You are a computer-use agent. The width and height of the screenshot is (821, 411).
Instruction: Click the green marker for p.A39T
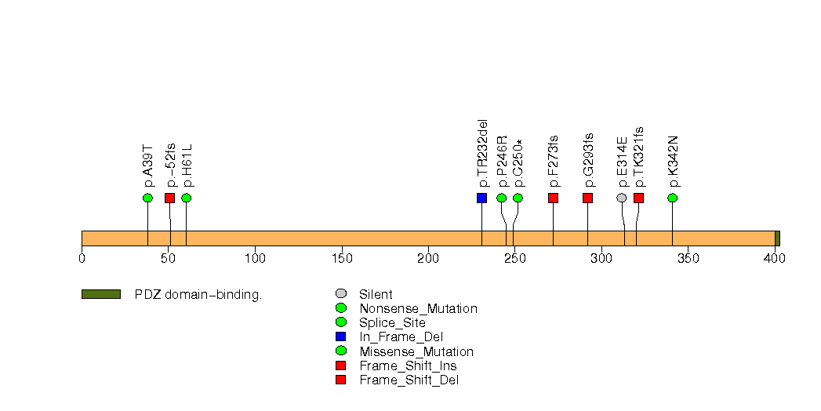147,198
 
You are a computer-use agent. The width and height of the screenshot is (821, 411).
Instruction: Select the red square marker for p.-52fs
169,198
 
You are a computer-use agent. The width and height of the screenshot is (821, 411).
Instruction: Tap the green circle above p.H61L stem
186,198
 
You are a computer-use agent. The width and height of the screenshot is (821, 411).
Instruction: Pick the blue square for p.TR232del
481,198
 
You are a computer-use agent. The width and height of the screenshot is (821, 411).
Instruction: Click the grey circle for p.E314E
622,198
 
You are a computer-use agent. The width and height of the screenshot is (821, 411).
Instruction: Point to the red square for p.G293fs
587,198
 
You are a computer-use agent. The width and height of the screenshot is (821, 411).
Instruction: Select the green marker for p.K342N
672,198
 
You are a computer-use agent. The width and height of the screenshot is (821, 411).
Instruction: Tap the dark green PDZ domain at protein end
777,238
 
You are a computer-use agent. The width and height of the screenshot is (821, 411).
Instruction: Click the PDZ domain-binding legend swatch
100,294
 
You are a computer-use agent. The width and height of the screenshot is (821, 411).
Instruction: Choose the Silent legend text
376,295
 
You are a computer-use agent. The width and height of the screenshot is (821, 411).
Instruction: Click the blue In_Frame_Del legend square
340,337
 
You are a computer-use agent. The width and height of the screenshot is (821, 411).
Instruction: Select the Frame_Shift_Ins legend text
408,366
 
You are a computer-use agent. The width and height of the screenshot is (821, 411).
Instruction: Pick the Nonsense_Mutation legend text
418,309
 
